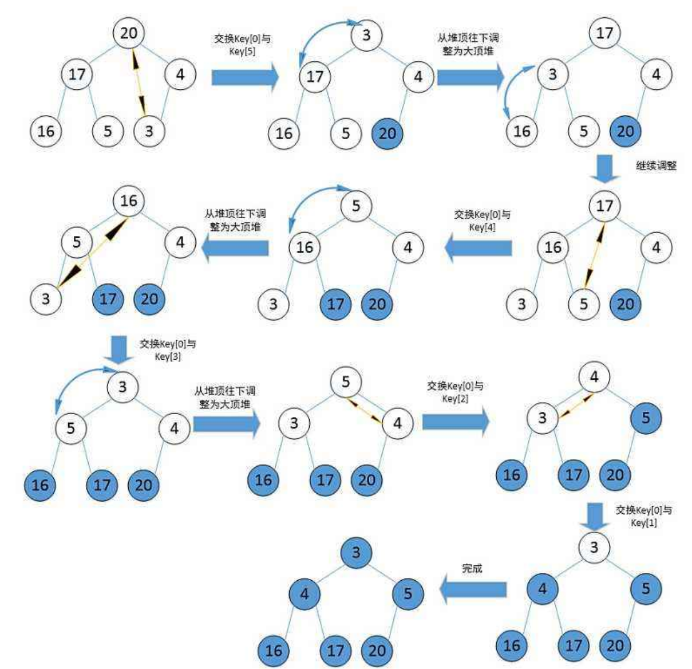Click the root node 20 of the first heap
tap(128, 33)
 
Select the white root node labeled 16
tap(128, 201)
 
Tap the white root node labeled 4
tap(594, 377)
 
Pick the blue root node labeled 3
tap(356, 552)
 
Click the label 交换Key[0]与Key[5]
tap(242, 45)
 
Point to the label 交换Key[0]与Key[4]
tap(482, 221)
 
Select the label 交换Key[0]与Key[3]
tap(168, 350)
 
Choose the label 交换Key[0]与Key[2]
tap(455, 392)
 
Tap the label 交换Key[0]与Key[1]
tap(643, 516)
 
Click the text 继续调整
tap(656, 166)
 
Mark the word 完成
tap(472, 568)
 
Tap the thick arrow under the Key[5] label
tap(244, 77)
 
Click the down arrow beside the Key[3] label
tap(119, 349)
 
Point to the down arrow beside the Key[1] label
tap(595, 515)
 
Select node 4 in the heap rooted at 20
tap(180, 74)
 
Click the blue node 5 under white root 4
tap(646, 418)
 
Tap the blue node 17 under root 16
tap(108, 298)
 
